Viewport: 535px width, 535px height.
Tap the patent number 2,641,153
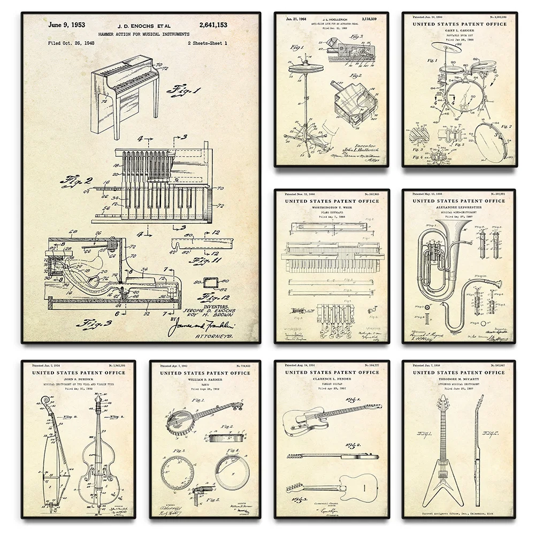pyautogui.click(x=212, y=25)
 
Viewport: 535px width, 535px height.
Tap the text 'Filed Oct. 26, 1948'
pyautogui.click(x=71, y=42)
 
